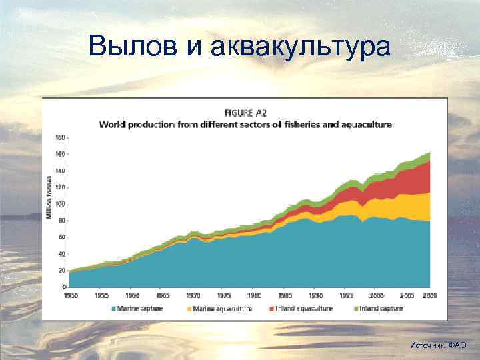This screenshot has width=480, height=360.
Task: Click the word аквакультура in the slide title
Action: point(299,46)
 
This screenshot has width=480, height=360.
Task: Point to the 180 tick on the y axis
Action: point(61,138)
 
